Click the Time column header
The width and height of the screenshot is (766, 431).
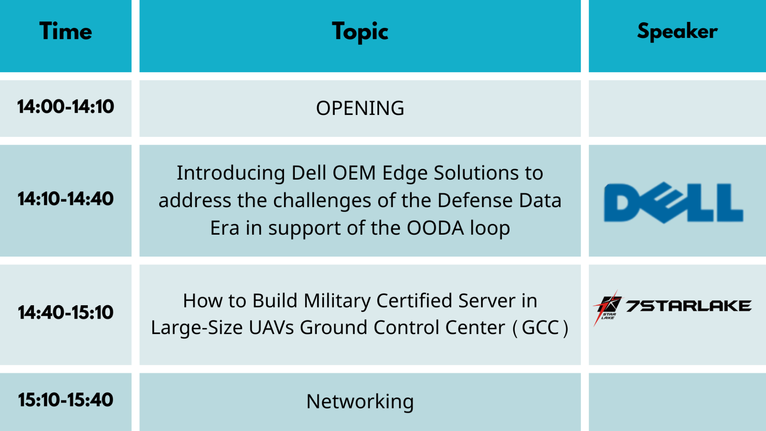65,31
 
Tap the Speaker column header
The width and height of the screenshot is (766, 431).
677,32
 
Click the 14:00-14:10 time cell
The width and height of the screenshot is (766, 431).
65,107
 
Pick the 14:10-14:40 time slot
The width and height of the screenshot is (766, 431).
65,199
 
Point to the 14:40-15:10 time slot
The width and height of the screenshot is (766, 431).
65,312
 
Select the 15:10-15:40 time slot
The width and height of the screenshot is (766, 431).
65,400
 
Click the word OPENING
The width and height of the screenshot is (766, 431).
360,108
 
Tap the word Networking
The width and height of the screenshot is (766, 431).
360,402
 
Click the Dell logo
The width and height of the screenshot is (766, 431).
673,202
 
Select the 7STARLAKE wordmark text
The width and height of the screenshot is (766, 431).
689,306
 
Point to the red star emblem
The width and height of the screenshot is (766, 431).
607,307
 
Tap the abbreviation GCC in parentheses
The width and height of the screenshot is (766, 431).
540,328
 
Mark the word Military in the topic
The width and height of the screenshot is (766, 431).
337,301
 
